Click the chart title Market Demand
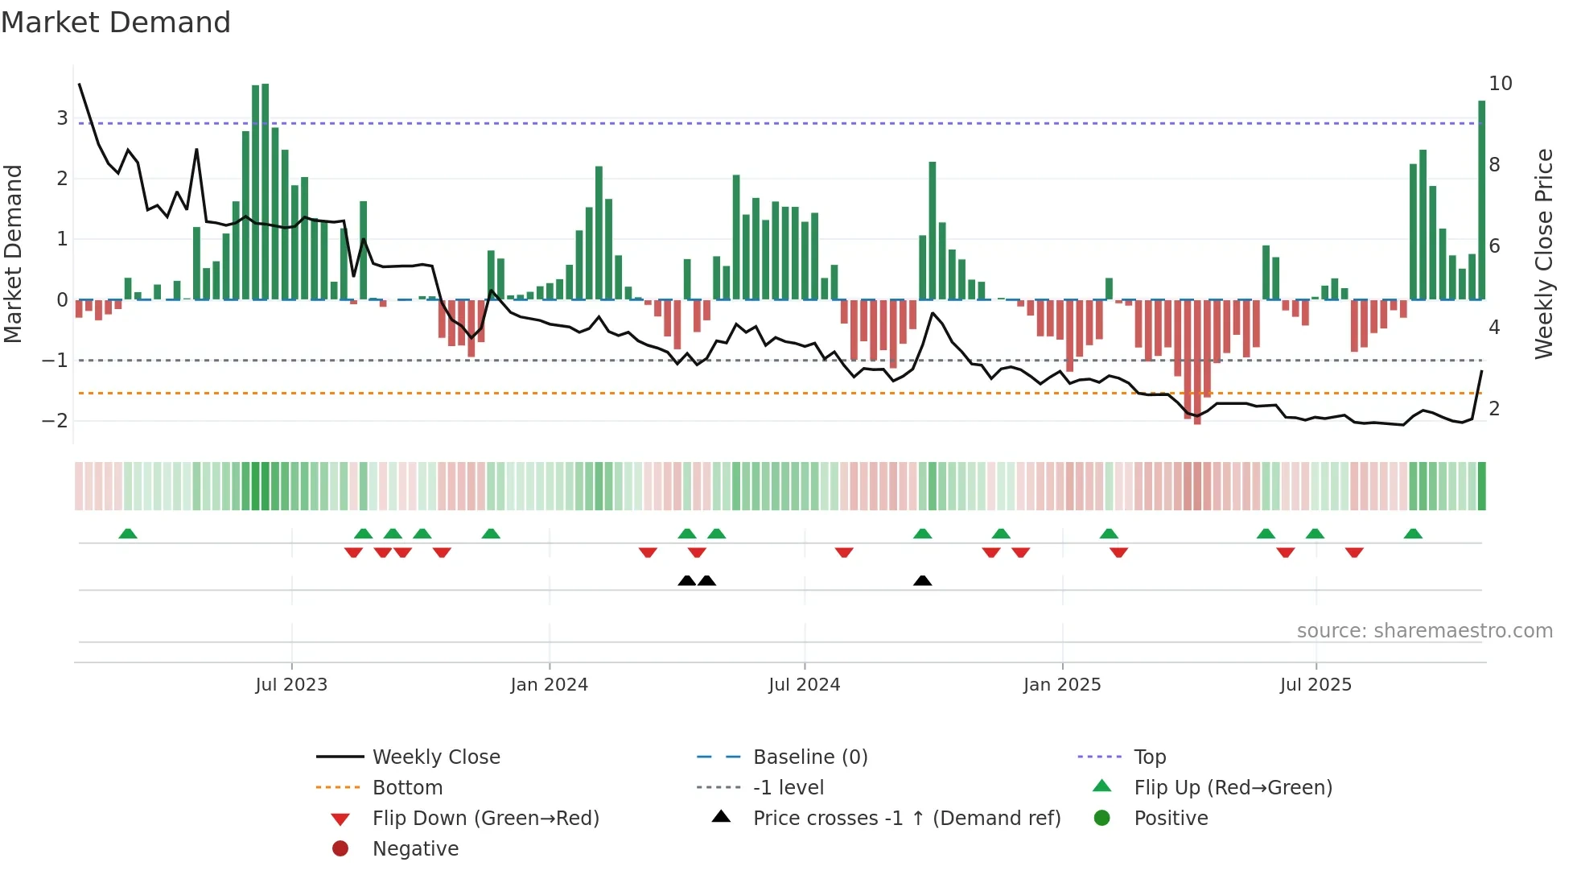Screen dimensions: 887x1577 [x=116, y=23]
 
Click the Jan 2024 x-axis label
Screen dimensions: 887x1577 [x=549, y=685]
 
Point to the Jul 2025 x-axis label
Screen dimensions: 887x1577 [x=1316, y=685]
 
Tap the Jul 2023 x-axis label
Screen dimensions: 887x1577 [x=291, y=685]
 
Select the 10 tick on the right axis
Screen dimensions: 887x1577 [x=1500, y=84]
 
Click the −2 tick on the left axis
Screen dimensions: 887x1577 [x=56, y=421]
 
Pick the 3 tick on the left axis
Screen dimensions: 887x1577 [x=62, y=118]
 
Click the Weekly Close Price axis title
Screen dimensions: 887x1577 [x=1543, y=254]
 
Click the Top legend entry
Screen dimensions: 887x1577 [x=1149, y=757]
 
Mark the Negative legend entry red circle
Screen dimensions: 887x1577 [x=340, y=849]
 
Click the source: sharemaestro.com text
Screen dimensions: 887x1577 [x=1424, y=631]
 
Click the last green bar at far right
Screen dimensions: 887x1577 [x=1481, y=201]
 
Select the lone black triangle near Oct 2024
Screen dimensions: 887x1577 [x=923, y=580]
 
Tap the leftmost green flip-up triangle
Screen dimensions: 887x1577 [x=128, y=534]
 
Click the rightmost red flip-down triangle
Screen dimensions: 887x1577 [x=1354, y=552]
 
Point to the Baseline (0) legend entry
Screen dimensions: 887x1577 [x=809, y=757]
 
